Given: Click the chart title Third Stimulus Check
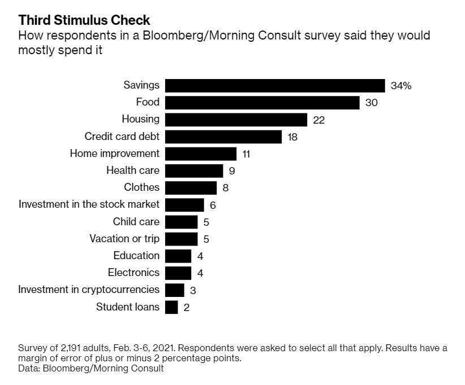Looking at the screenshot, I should point(84,20).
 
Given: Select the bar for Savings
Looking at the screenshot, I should point(275,86).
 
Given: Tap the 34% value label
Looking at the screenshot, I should point(401,86).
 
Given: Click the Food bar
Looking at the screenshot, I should point(262,103).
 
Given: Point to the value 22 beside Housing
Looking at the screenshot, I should point(318,120).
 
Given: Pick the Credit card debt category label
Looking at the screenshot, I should point(122,137).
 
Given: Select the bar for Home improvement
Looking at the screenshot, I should point(201,154).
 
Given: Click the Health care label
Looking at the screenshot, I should point(133,170).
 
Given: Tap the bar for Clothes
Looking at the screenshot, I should point(191,187).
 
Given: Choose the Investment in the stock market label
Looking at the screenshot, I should point(89,204).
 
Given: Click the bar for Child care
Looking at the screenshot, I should point(181,222).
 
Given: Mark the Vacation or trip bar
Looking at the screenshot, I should point(181,239).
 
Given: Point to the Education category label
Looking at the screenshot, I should point(136,256).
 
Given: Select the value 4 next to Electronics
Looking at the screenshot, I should point(200,273).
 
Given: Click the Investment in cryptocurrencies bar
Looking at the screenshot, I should point(175,290).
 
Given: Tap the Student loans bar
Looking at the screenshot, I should point(171,307).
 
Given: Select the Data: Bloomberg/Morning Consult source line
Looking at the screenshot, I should point(91,369).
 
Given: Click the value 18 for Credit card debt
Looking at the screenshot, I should point(292,137).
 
